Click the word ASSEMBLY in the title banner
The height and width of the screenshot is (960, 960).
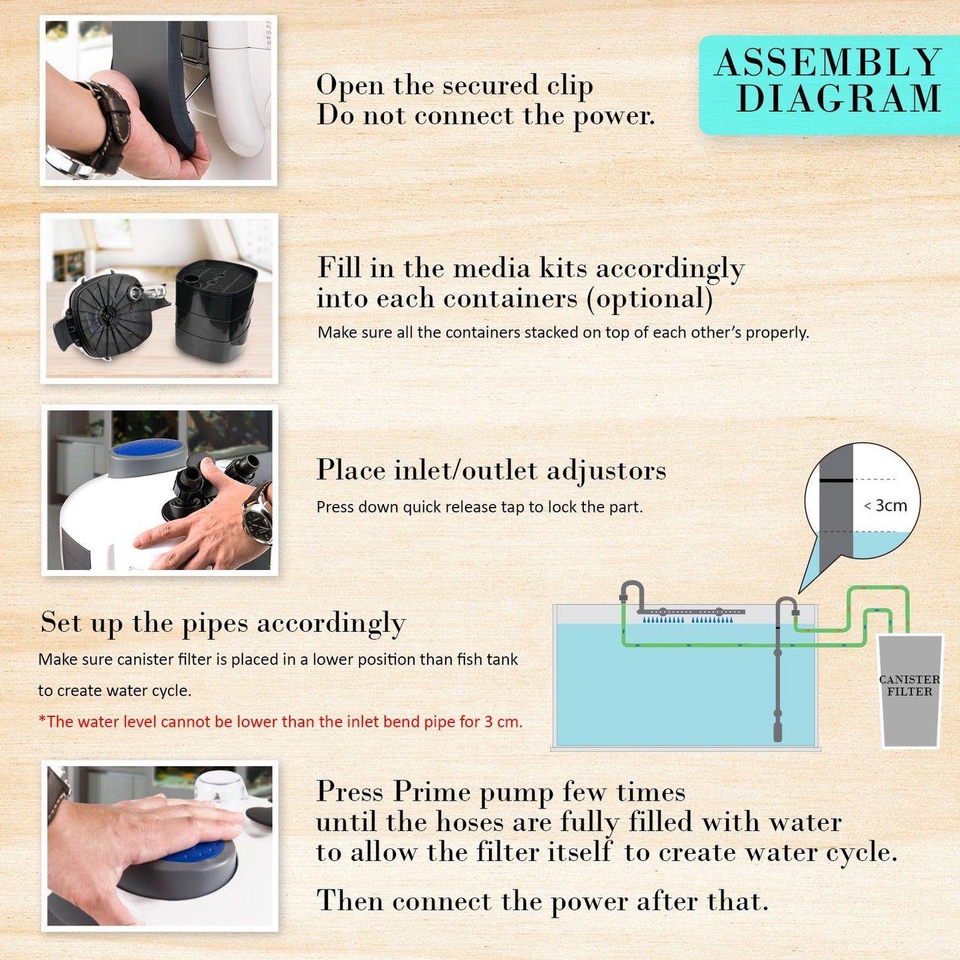(x=828, y=64)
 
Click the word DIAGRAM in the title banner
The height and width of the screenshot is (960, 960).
(x=838, y=100)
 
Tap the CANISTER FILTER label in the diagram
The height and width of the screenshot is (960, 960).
(x=909, y=686)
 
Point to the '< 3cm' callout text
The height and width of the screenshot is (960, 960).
(x=885, y=506)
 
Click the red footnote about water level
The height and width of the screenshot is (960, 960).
(x=280, y=722)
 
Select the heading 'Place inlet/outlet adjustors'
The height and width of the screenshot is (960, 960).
(x=491, y=470)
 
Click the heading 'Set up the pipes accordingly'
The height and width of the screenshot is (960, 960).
(x=223, y=623)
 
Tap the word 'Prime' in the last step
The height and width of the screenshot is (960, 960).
(x=432, y=792)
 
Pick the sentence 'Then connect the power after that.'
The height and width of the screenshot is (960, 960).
(x=542, y=902)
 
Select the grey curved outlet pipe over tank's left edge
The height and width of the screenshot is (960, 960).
(x=632, y=591)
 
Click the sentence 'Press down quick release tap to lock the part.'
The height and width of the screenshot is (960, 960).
(x=479, y=508)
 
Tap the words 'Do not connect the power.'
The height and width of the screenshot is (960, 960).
(x=485, y=116)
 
